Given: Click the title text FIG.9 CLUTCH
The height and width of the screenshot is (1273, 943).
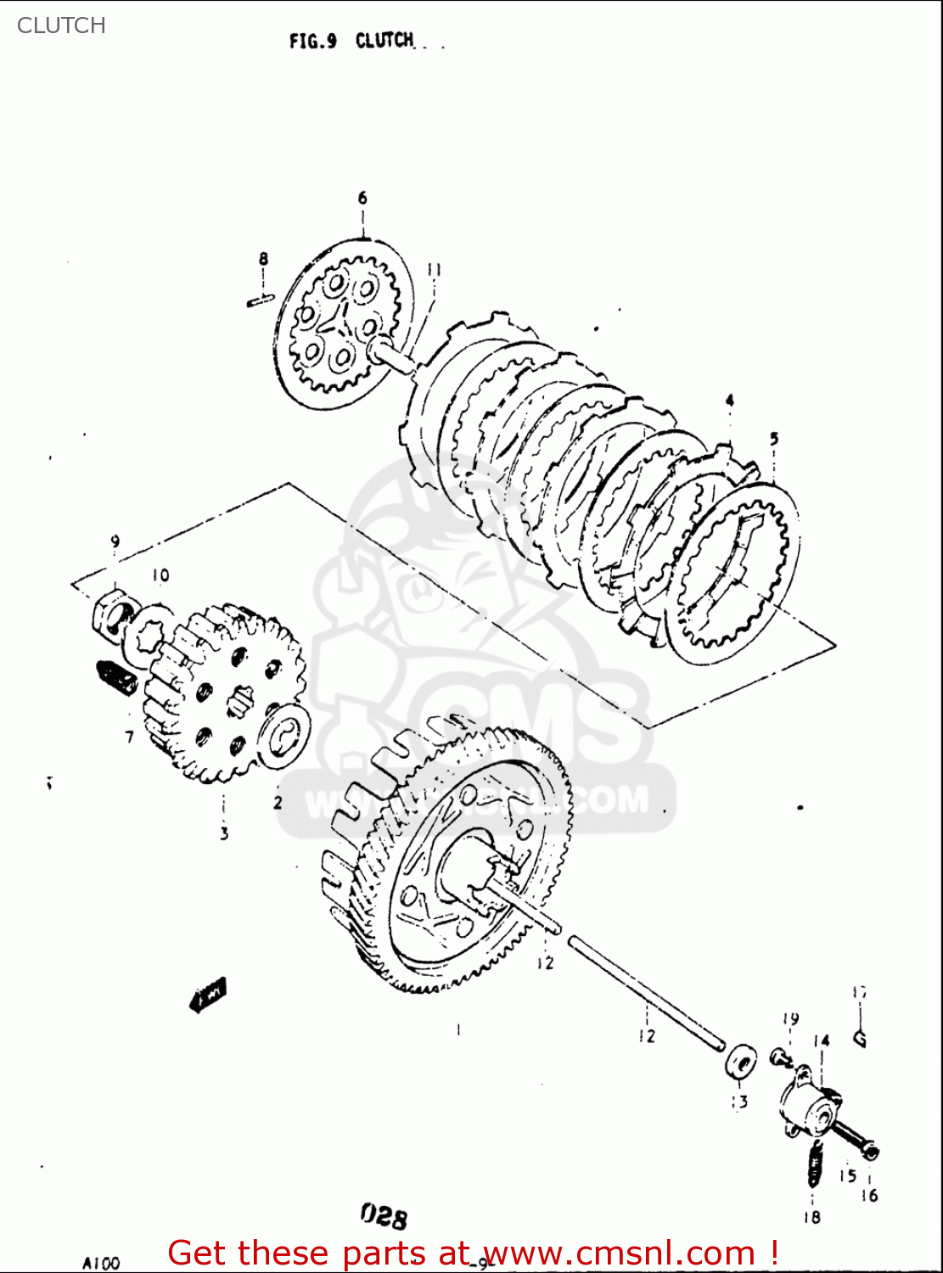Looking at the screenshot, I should coord(351,41).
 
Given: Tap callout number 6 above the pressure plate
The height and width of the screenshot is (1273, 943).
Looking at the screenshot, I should coord(362,198).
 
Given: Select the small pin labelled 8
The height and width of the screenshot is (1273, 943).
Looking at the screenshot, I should coord(261,298).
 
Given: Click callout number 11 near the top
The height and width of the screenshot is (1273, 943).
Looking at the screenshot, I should coord(434,270).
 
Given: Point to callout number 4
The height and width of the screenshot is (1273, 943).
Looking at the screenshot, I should coord(729,401).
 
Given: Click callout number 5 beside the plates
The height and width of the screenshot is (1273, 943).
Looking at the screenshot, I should coord(773,439).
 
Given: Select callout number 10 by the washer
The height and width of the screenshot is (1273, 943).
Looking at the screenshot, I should coord(160,575).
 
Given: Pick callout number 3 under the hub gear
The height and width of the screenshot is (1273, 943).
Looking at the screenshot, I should coord(224,833).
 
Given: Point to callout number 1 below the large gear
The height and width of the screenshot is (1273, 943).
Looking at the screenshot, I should coord(458,1029).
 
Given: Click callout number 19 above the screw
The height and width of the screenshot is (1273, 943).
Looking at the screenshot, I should coord(790,1019).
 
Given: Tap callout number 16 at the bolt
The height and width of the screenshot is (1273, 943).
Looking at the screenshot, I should coord(869,1195).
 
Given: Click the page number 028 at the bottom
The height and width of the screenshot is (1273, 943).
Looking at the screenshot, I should coord(384,1217).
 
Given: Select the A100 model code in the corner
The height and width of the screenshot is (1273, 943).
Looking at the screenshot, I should coord(101,1263).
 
